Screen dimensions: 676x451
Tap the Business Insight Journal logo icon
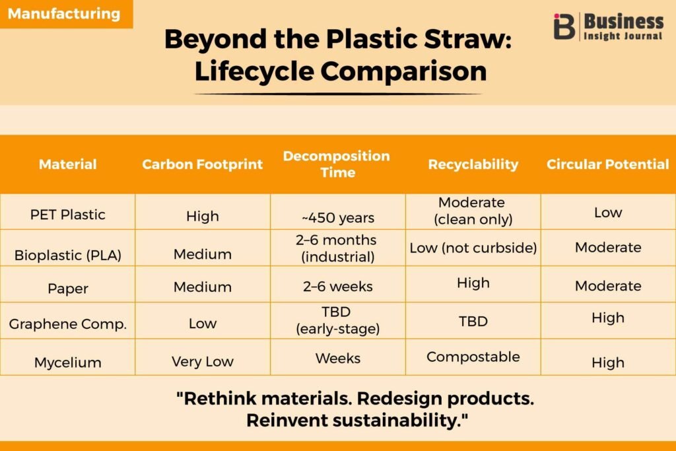tap(564, 26)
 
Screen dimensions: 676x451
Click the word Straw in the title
tap(468, 39)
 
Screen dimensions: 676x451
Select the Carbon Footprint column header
tap(202, 164)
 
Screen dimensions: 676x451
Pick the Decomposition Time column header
tap(337, 164)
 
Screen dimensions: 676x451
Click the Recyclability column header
tap(473, 164)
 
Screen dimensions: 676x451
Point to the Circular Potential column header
tap(608, 164)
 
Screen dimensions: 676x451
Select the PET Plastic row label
tap(68, 215)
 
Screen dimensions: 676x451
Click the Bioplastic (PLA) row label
tap(68, 256)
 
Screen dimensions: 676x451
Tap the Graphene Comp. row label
tap(68, 324)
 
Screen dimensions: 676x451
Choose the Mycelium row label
tap(68, 363)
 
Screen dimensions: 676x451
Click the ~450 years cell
tap(338, 218)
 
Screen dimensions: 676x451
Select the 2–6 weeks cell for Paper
tap(338, 287)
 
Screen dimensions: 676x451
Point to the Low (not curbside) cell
tap(473, 248)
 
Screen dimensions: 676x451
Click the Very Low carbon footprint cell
tap(203, 361)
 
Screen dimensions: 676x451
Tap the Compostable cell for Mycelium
tap(473, 357)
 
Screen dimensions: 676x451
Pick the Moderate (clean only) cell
tap(473, 211)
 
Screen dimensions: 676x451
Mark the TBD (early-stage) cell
tap(337, 320)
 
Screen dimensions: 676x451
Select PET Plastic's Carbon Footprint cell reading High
tap(203, 216)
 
